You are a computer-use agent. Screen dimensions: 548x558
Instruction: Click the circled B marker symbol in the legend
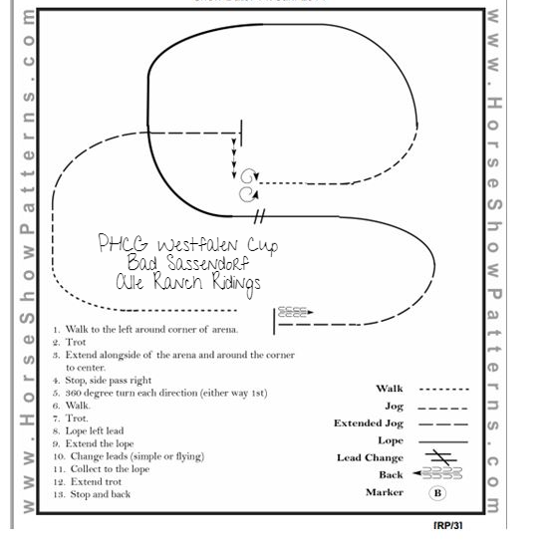(x=437, y=493)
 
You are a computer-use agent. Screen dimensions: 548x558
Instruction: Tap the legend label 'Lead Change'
(x=370, y=458)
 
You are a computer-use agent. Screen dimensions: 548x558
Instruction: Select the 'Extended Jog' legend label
(x=369, y=423)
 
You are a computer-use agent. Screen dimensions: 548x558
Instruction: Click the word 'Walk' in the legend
(x=390, y=389)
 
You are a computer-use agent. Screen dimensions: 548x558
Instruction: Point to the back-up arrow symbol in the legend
(x=437, y=473)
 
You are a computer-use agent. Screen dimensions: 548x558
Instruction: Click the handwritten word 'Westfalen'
(x=198, y=244)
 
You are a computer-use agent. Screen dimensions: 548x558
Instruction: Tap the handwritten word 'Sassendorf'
(x=208, y=263)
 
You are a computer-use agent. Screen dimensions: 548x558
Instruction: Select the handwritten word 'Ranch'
(x=178, y=281)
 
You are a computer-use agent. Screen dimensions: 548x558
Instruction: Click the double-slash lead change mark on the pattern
(x=259, y=216)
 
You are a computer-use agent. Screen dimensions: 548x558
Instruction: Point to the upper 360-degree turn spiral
(x=249, y=176)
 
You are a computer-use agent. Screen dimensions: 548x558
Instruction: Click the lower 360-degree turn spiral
(x=248, y=195)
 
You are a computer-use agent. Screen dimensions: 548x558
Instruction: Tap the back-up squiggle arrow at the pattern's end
(x=295, y=312)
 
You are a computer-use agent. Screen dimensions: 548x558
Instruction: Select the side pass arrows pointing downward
(x=234, y=158)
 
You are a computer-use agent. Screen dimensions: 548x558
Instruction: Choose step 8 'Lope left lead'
(x=89, y=430)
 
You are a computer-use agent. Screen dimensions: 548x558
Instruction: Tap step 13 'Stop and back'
(x=92, y=494)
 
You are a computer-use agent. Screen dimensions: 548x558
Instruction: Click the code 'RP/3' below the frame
(x=448, y=525)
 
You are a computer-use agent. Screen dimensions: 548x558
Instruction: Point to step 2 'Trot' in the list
(x=70, y=343)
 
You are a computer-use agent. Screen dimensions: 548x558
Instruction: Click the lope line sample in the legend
(x=443, y=441)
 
